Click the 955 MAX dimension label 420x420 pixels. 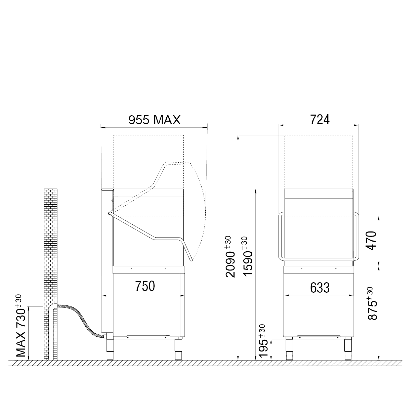(155, 120)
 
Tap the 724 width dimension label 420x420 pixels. (320, 120)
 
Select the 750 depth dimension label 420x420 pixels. (145, 286)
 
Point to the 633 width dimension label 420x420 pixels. (320, 288)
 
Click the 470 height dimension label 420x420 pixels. (371, 241)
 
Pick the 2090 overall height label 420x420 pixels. (230, 256)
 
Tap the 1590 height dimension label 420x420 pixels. (248, 256)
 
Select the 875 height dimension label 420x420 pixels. (373, 303)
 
